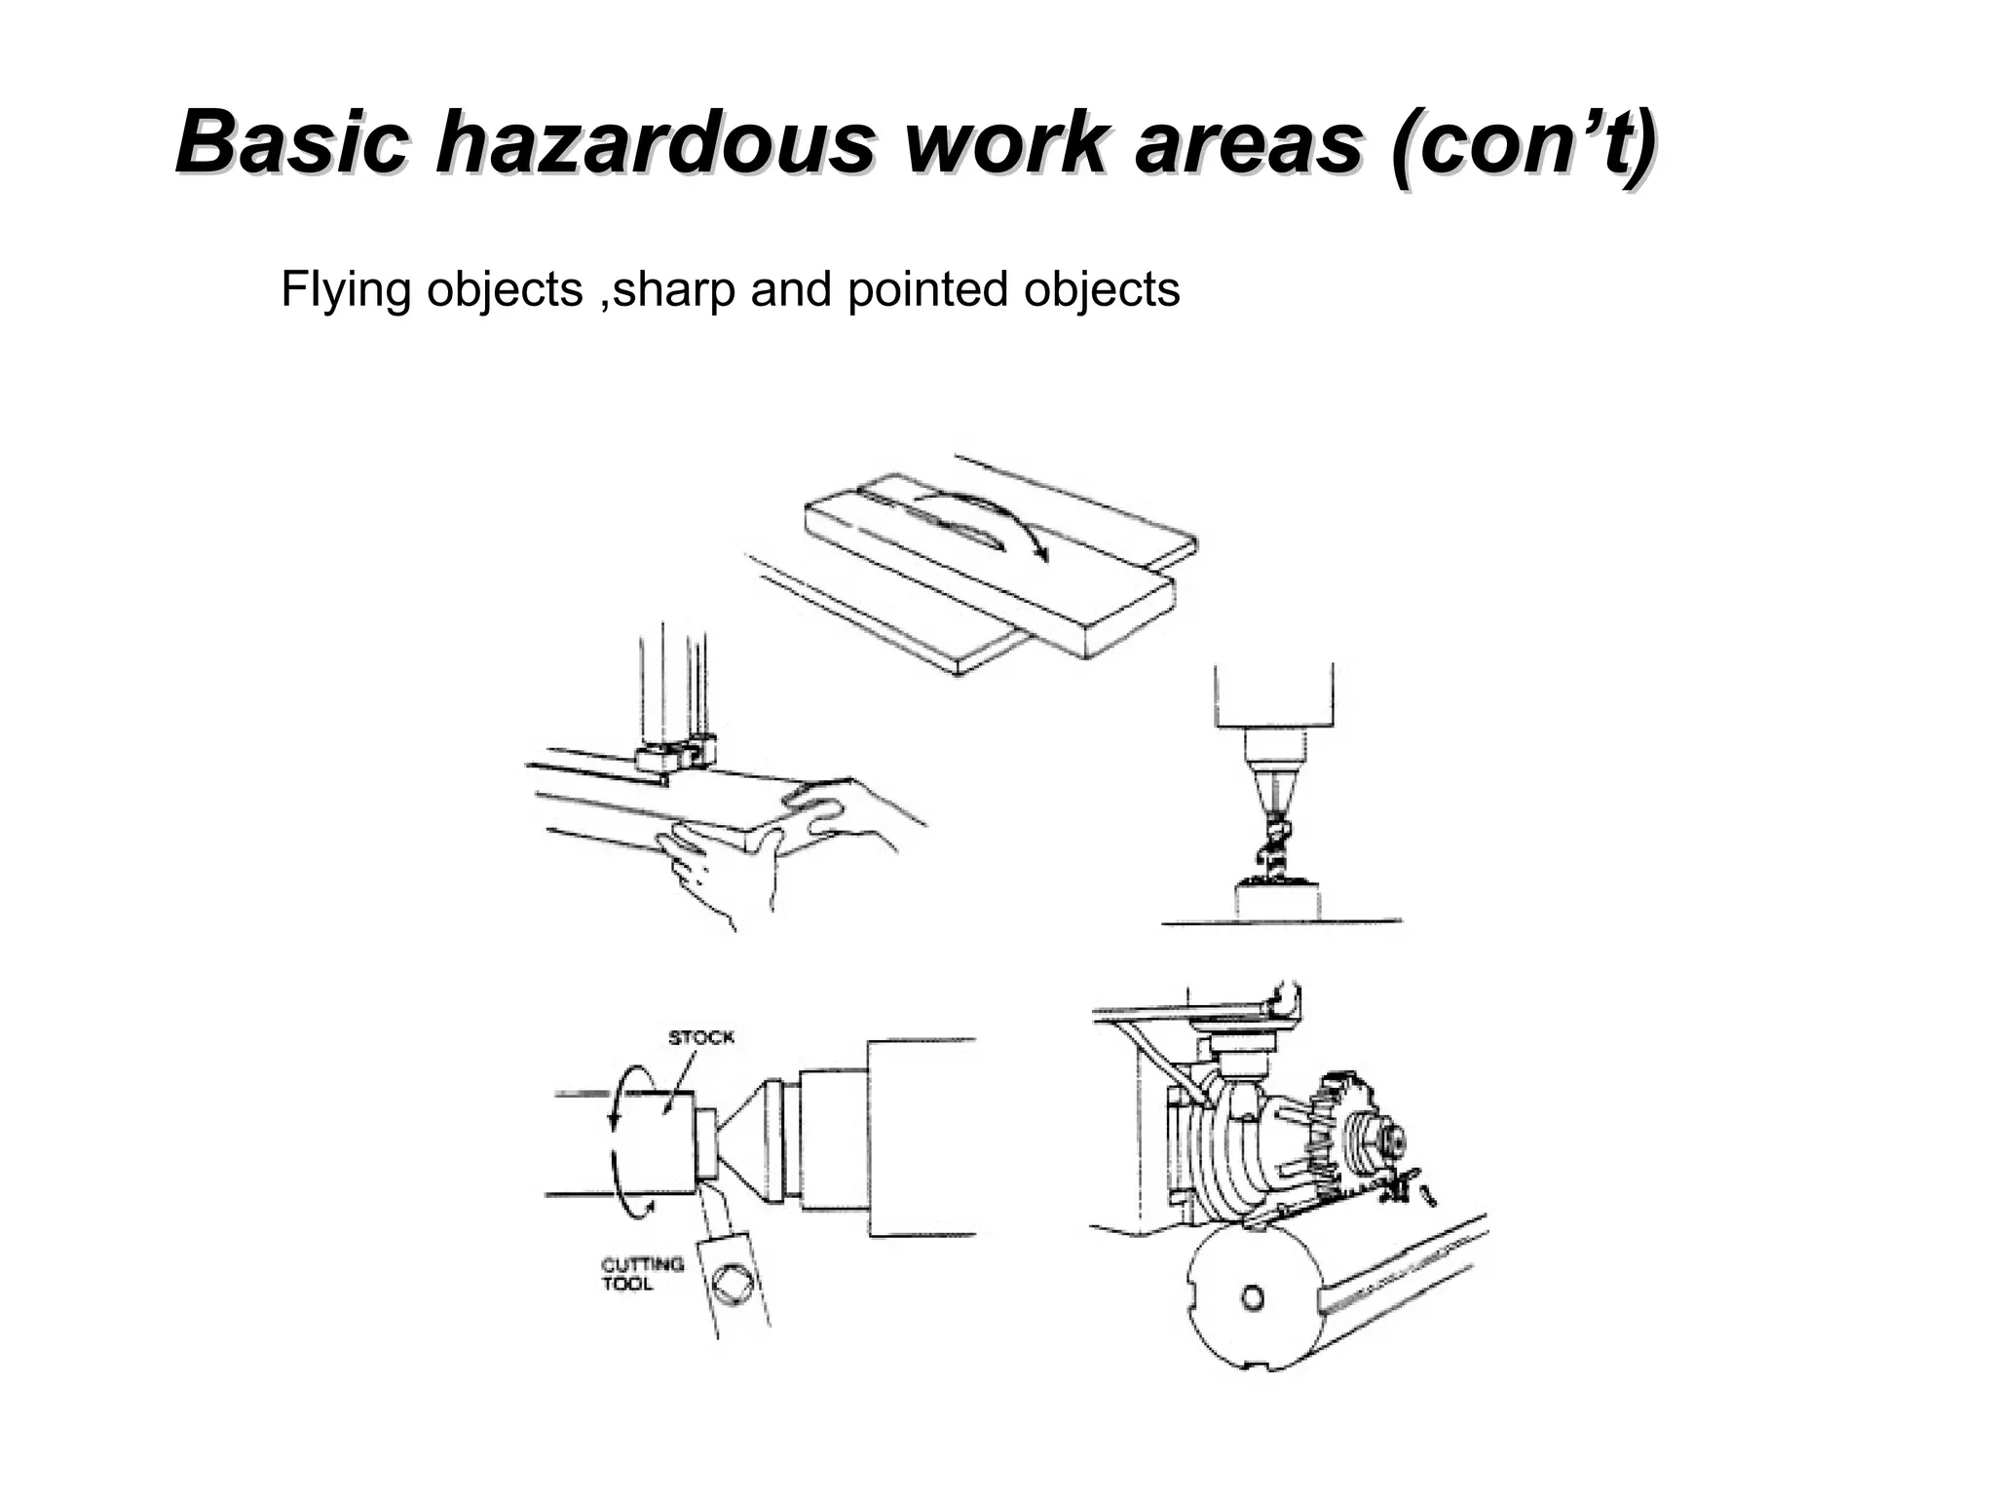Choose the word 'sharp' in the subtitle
pos(672,290)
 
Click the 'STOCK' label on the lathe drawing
pos(700,1037)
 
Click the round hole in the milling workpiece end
pos(1253,1297)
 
